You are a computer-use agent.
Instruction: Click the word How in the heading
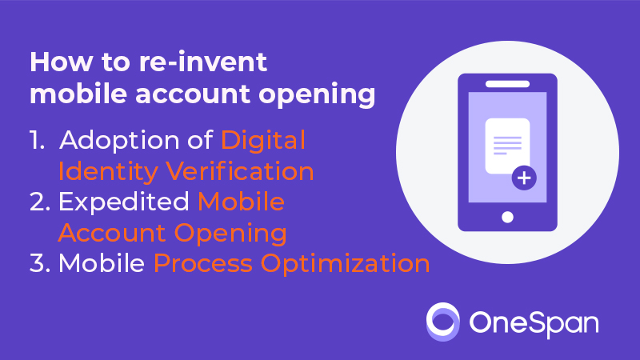(62, 62)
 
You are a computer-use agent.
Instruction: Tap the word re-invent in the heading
(203, 62)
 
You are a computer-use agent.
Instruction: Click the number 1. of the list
(37, 140)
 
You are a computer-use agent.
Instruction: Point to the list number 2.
(40, 202)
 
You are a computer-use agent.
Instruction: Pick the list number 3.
(40, 263)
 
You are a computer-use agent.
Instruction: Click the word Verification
(240, 171)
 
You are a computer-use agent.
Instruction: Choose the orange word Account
(112, 233)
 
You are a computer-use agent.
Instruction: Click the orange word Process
(203, 263)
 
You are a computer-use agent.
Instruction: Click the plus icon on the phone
(524, 178)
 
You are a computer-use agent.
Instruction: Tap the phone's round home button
(507, 217)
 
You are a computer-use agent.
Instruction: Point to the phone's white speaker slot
(507, 84)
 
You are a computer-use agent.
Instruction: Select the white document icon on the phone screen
(507, 146)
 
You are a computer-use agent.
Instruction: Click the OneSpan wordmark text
(534, 324)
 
